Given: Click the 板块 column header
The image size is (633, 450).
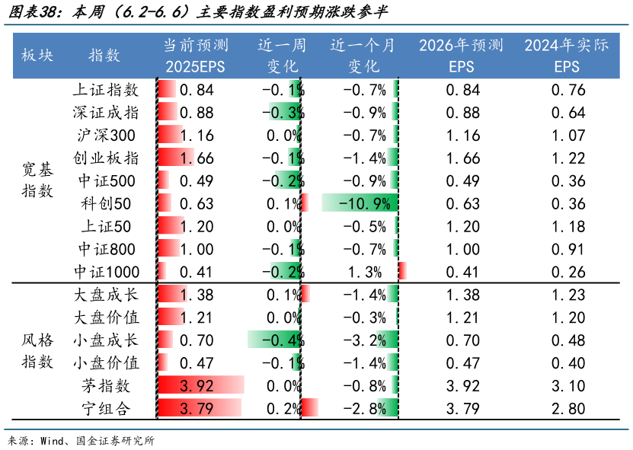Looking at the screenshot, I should tap(37, 56).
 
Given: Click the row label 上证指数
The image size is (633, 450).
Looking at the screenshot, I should tap(106, 91).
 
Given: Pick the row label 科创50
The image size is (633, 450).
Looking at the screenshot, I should tap(106, 204).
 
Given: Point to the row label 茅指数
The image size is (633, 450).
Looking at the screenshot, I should tap(106, 385).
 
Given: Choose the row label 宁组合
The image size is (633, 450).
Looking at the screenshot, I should tap(106, 409).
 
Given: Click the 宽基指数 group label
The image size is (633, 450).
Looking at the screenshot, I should tap(37, 181).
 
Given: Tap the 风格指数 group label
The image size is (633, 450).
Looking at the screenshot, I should tap(37, 352).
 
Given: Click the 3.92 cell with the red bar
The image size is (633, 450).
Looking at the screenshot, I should tap(197, 385).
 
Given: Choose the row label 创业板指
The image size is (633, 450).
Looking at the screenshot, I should tap(106, 158).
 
